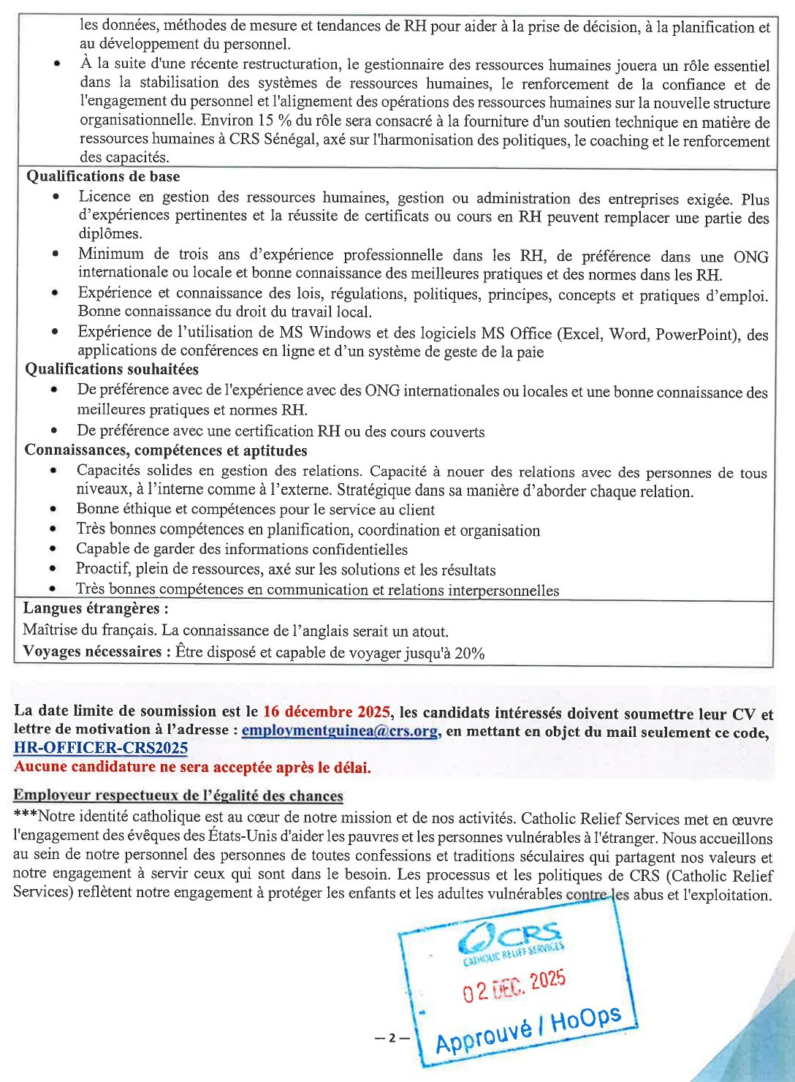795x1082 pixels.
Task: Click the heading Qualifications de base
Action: tap(103, 176)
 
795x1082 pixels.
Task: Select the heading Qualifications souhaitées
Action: tap(112, 369)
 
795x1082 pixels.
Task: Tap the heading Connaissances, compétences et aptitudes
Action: tap(166, 450)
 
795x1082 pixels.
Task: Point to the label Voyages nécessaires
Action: tap(92, 651)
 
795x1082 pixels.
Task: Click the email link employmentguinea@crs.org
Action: tap(340, 730)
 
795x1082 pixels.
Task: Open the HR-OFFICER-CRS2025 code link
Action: tap(101, 748)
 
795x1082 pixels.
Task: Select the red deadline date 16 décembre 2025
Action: tap(326, 711)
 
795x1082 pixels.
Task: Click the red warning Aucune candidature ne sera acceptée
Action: tap(192, 767)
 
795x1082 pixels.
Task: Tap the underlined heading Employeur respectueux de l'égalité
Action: tap(178, 795)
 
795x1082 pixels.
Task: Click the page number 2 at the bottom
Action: tap(392, 1037)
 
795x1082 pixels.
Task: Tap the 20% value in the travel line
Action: tap(469, 654)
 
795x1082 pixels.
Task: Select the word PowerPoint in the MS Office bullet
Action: tap(696, 334)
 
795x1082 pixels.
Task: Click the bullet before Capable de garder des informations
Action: tap(53, 548)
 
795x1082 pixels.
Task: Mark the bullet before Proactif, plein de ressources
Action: tap(53, 568)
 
